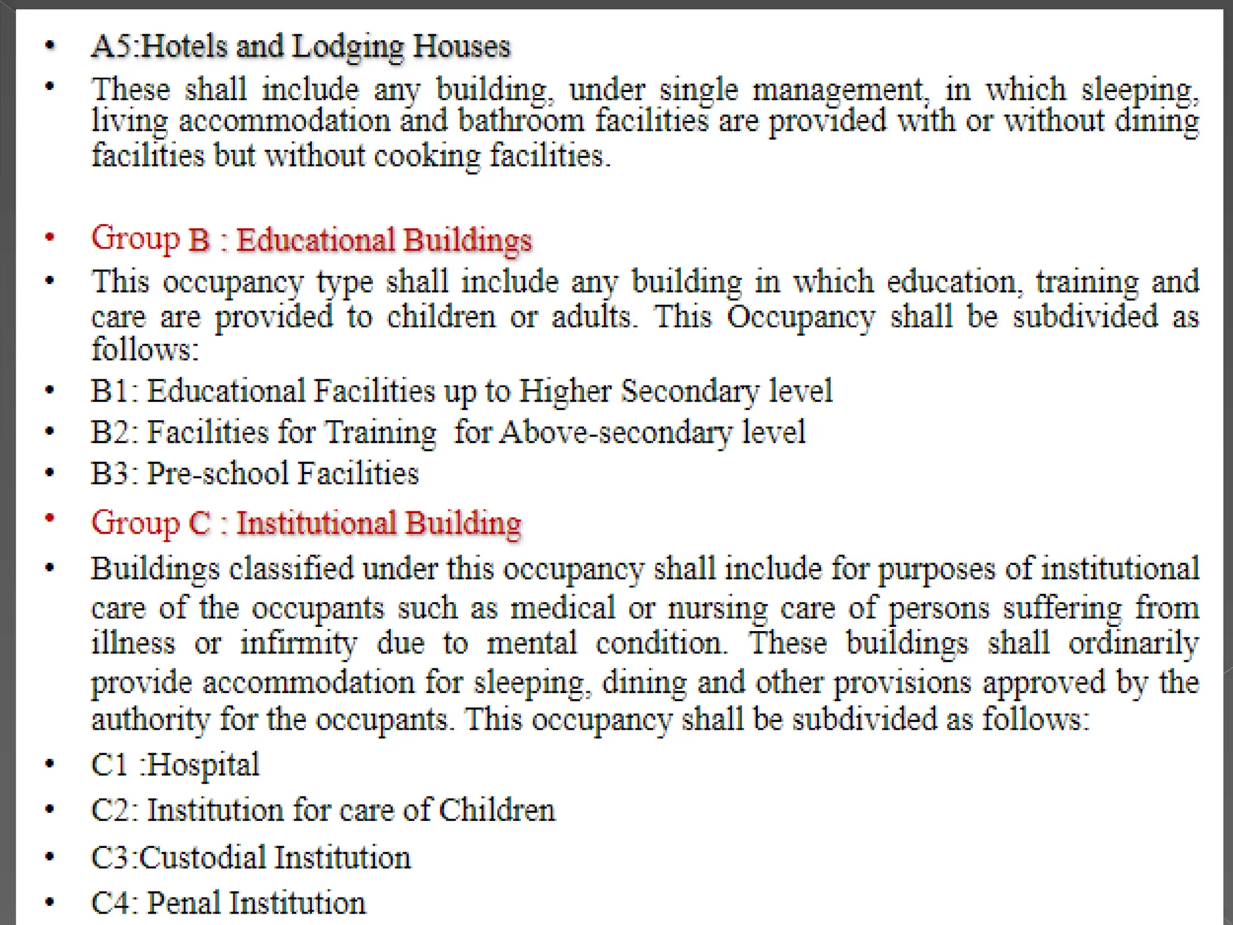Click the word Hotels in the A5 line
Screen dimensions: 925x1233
183,46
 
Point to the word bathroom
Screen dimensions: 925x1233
521,121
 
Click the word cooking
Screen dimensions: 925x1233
427,157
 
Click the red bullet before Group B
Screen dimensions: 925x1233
50,237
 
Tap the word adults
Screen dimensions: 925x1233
594,317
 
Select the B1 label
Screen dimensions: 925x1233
113,391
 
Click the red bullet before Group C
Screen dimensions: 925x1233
50,518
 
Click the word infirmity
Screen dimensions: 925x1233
298,644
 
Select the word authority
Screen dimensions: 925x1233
150,719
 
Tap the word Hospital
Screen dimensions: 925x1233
203,765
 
